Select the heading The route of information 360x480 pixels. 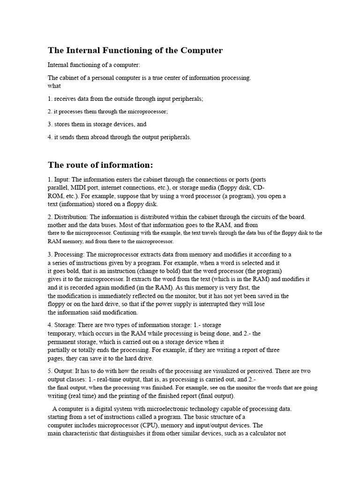pos(100,165)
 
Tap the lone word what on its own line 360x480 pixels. pos(54,86)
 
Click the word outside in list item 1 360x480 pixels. pos(127,99)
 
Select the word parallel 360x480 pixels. pos(58,187)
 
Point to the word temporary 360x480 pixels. pos(61,333)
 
